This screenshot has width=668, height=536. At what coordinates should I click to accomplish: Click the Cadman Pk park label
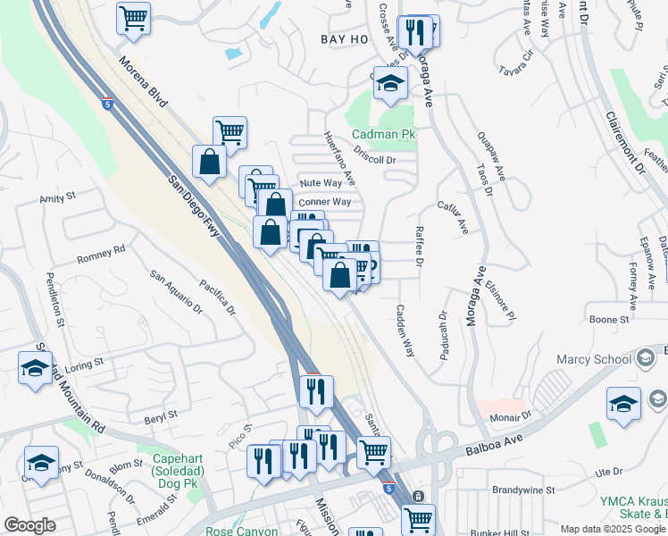383,135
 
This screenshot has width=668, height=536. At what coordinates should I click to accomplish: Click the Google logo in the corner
29,525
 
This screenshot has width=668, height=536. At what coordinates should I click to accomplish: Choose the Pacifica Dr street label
217,298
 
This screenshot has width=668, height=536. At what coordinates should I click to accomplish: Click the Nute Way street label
321,182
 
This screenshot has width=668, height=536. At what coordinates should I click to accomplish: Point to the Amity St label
57,197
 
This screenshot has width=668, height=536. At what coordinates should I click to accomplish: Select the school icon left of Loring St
35,368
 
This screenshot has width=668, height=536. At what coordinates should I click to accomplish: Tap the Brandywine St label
524,490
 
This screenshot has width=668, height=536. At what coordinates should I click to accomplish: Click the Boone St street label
609,318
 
